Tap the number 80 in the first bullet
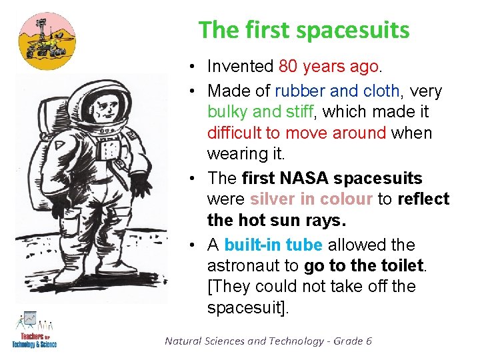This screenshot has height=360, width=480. point(288,67)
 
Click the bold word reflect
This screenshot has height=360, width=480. point(423,199)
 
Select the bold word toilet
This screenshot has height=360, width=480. point(400,266)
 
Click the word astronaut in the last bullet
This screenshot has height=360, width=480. point(243,266)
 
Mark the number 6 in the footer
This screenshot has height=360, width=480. point(368,341)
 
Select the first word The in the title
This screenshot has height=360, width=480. point(214,30)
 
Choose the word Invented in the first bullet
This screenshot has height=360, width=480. point(240,67)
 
